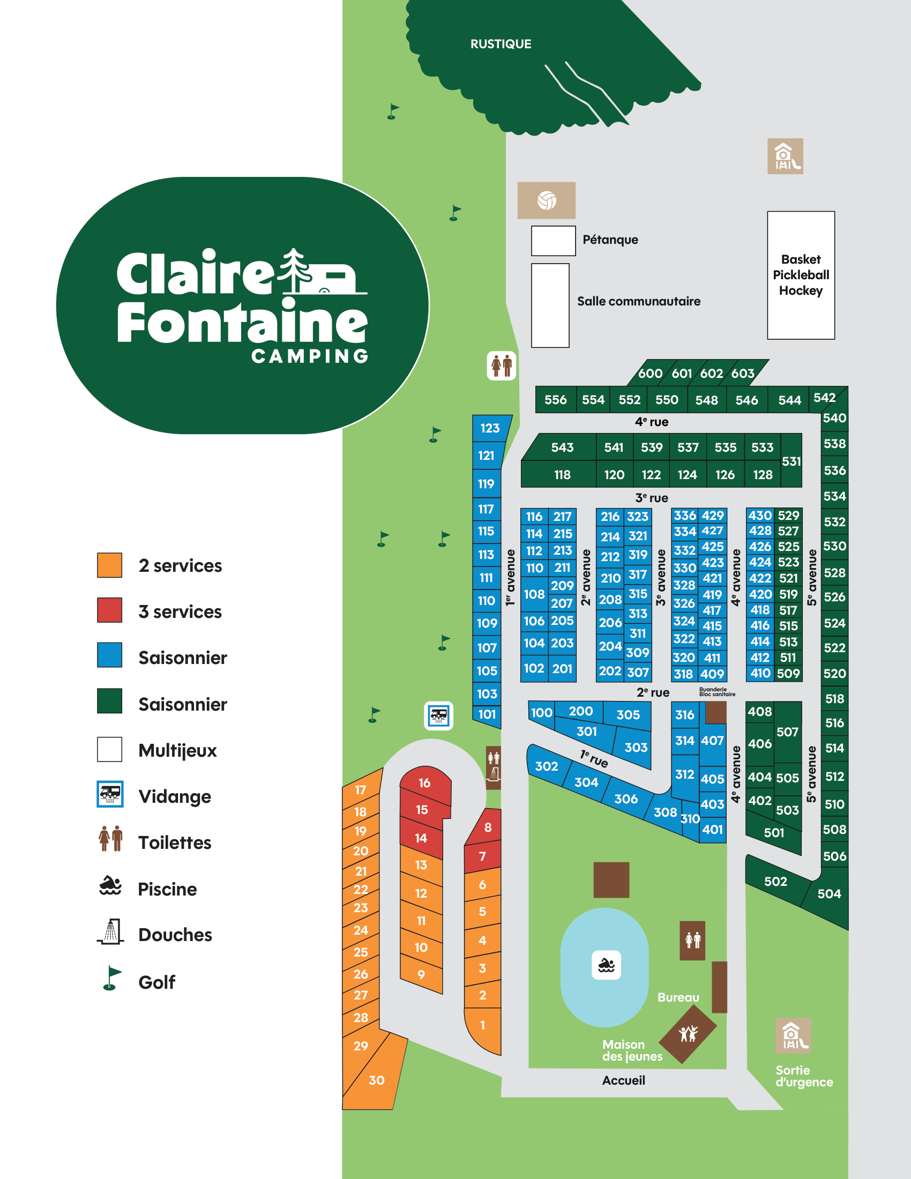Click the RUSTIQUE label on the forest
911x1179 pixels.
pos(501,44)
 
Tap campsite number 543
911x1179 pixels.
pos(562,447)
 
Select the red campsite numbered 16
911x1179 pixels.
pos(425,783)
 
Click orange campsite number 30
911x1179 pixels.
pos(376,1080)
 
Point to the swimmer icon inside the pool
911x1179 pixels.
pos(606,965)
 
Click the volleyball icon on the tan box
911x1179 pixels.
pos(546,200)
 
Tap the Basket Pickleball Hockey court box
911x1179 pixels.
pos(801,275)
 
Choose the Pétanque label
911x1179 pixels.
pos(610,240)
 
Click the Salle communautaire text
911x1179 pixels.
pos(638,301)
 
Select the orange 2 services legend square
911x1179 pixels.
pos(109,565)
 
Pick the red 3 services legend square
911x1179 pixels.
pos(109,610)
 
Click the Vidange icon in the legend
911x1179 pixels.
pos(110,794)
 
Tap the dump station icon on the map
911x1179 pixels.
pos(438,716)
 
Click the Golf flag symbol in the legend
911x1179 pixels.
pos(111,978)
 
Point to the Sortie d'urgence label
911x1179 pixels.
pos(804,1076)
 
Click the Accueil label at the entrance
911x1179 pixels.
pos(623,1080)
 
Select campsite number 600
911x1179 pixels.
pos(650,373)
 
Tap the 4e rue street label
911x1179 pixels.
pos(652,422)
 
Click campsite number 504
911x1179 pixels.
pos(828,894)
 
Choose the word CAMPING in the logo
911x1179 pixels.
pos(310,356)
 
